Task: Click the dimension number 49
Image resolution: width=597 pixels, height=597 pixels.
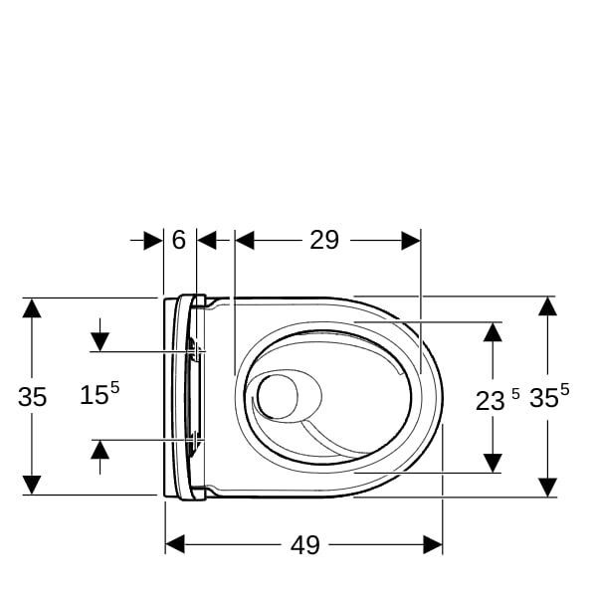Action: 304,544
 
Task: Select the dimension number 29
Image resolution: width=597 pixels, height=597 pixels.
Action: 324,240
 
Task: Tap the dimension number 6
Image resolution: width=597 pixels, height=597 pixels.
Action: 179,240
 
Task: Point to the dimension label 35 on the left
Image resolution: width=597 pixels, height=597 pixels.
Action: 32,397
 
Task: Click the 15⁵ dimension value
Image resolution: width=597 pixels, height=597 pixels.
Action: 99,394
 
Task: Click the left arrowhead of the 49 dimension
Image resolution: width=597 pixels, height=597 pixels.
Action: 175,544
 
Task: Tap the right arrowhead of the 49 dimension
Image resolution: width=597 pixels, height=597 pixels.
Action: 433,544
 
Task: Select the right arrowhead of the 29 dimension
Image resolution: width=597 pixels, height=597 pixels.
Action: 410,240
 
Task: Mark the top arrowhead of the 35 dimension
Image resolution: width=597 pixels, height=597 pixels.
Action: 32,307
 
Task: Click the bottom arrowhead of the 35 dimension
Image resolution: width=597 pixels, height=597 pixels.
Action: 32,485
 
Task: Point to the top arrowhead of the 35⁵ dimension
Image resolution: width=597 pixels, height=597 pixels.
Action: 547,306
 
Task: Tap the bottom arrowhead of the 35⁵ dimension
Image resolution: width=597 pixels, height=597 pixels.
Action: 547,486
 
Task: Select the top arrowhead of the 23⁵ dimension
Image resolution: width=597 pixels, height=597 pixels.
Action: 492,331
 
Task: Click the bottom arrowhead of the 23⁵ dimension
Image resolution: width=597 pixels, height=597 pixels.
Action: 492,463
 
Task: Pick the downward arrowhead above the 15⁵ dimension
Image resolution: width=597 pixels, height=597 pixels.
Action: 99,341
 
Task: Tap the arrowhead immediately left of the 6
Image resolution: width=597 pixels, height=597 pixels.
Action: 152,240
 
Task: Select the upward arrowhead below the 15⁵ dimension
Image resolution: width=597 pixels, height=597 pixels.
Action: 99,450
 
